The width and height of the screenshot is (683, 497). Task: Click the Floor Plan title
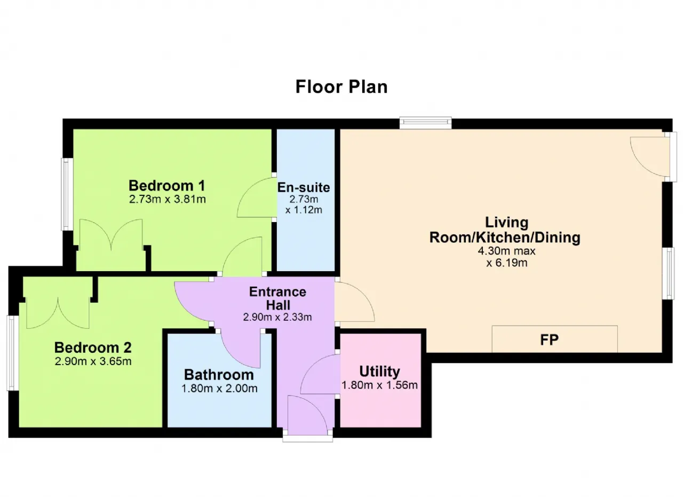(341, 87)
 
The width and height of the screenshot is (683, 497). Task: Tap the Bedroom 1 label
(167, 185)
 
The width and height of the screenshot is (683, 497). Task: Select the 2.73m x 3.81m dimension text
(168, 199)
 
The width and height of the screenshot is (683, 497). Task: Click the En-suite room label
(304, 187)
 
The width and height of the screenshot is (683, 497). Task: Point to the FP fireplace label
(550, 340)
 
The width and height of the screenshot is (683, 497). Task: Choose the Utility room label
(379, 372)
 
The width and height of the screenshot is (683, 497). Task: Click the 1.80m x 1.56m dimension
(379, 385)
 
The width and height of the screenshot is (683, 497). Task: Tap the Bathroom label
(219, 375)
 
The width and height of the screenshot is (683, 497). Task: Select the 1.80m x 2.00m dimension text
(219, 389)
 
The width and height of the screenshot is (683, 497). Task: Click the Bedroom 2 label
(93, 348)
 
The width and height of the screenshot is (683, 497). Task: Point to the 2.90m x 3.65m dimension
(93, 361)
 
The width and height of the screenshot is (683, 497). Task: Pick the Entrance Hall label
(278, 298)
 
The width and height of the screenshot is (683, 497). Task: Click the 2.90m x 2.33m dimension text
(277, 317)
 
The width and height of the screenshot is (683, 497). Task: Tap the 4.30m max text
(506, 251)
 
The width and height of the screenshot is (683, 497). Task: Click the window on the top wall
(425, 123)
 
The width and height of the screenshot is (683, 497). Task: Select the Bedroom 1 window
(67, 194)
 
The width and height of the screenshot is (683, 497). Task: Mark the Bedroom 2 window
(12, 353)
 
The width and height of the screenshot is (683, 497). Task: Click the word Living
(506, 222)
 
